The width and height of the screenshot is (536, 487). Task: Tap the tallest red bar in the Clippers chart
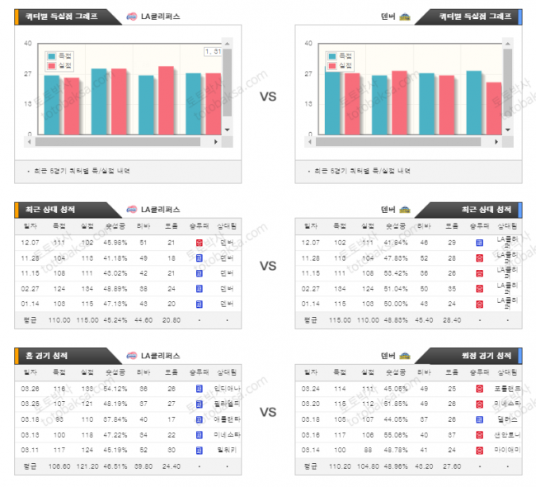[x=166, y=100]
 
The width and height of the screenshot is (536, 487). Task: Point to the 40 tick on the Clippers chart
[x=28, y=44]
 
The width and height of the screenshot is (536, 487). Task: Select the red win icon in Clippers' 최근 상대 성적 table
[x=199, y=243]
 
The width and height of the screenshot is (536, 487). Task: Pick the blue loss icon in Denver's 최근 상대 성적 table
[x=479, y=243]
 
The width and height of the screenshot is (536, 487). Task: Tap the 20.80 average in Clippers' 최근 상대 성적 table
[x=171, y=319]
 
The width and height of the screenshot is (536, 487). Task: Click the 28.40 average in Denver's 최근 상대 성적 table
[x=451, y=319]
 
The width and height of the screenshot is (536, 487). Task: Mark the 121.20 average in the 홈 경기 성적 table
[x=87, y=465]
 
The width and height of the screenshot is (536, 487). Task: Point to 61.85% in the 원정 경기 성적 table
[x=395, y=403]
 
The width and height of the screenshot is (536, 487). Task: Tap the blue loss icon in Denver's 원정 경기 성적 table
[x=479, y=418]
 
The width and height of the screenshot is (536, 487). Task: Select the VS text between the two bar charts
[x=268, y=97]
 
